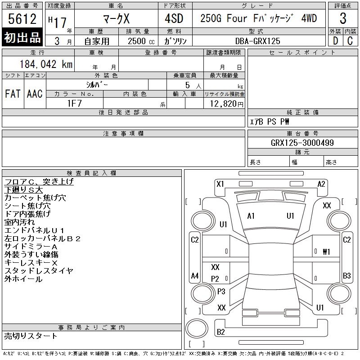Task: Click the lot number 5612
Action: (22, 19)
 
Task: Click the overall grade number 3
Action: (343, 18)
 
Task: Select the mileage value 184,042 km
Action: (46, 64)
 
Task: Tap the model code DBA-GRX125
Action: (258, 41)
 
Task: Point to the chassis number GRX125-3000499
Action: (302, 143)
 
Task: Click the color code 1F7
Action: (75, 103)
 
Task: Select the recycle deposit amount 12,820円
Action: (226, 104)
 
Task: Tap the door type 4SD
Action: (174, 18)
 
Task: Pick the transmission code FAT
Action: (13, 94)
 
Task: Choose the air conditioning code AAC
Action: (35, 94)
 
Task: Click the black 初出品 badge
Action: (22, 37)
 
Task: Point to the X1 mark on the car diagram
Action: (220, 184)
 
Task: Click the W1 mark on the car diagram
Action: (326, 252)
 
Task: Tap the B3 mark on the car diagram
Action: (346, 275)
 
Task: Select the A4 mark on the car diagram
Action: (195, 275)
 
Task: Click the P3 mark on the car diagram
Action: (221, 291)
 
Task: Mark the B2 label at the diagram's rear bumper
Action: (220, 332)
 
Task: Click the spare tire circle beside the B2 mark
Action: (197, 328)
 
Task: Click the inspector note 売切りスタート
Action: (31, 336)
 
